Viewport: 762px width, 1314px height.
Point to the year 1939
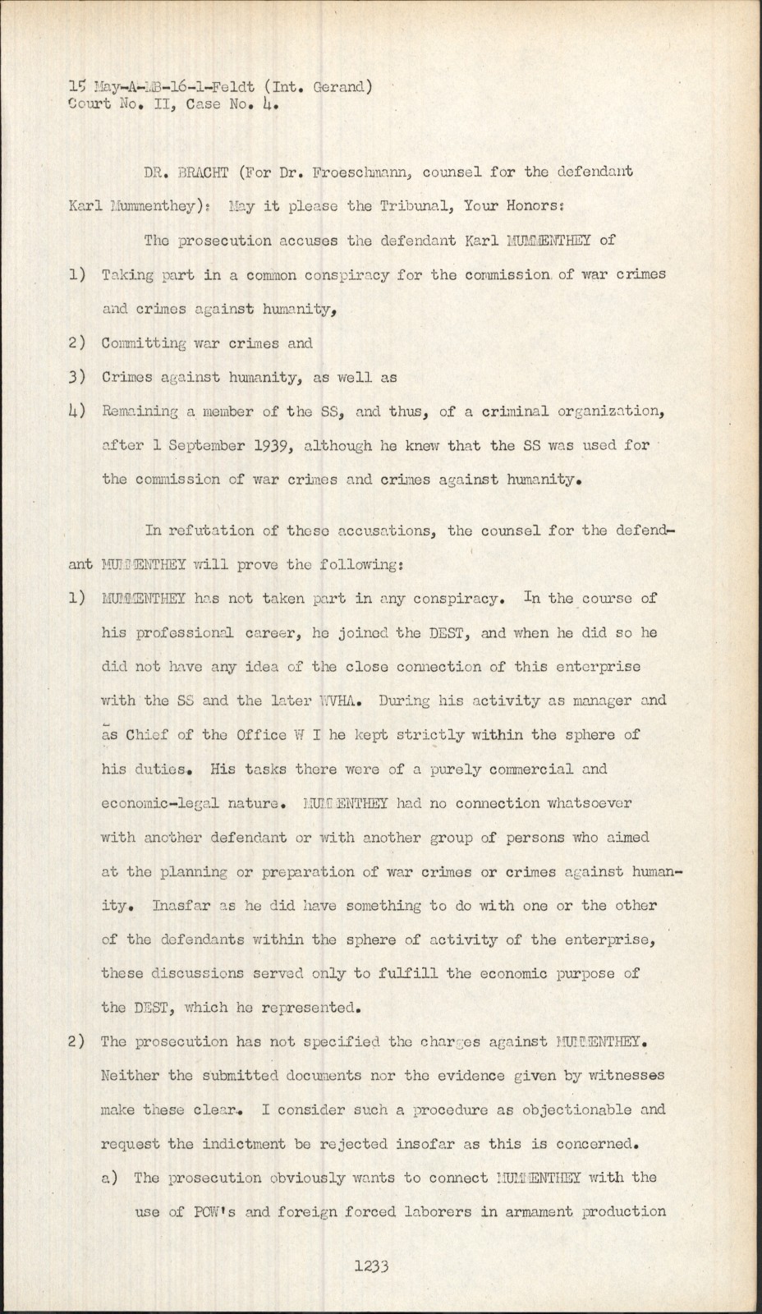273,446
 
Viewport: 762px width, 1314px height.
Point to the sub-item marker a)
111,1178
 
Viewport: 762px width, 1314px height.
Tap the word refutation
212,531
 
